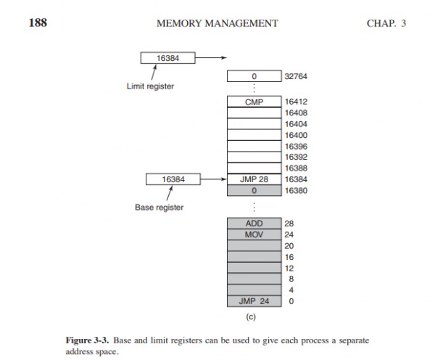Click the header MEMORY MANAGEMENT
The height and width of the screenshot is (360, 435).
217,23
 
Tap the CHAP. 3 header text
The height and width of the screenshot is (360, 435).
386,23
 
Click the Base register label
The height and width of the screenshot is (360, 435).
159,208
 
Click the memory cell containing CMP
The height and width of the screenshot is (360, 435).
254,102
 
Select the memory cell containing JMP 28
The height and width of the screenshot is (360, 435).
254,179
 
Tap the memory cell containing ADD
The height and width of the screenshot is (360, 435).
254,224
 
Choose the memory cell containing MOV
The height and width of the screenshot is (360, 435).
254,234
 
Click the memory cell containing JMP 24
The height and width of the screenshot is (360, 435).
254,300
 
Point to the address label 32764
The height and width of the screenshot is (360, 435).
297,75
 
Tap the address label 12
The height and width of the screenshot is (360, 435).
289,268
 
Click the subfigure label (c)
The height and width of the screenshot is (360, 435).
254,316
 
